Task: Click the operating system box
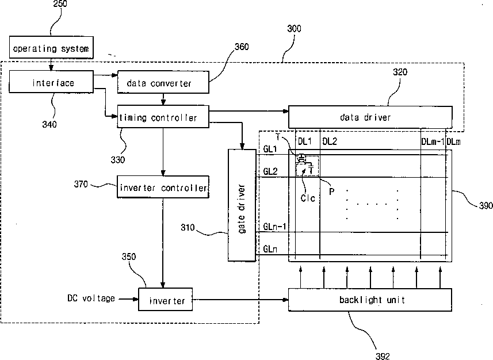pyautogui.click(x=51, y=48)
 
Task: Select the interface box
pyautogui.click(x=51, y=82)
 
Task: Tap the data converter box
pyautogui.click(x=163, y=82)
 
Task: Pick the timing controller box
pyautogui.click(x=163, y=117)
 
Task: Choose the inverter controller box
pyautogui.click(x=163, y=187)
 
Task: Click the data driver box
pyautogui.click(x=370, y=117)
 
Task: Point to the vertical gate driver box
pyautogui.click(x=242, y=205)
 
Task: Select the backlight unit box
pyautogui.click(x=370, y=300)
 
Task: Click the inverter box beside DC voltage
pyautogui.click(x=165, y=299)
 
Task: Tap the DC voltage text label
pyautogui.click(x=91, y=298)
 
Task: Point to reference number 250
pyautogui.click(x=60, y=4)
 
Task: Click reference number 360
pyautogui.click(x=242, y=47)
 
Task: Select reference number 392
pyautogui.click(x=383, y=356)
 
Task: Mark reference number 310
pyautogui.click(x=188, y=227)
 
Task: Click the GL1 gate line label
pyautogui.click(x=270, y=149)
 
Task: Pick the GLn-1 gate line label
pyautogui.click(x=274, y=227)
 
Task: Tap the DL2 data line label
pyautogui.click(x=330, y=141)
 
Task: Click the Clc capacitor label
pyautogui.click(x=308, y=198)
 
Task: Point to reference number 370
pyautogui.click(x=81, y=184)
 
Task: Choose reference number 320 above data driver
pyautogui.click(x=400, y=72)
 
